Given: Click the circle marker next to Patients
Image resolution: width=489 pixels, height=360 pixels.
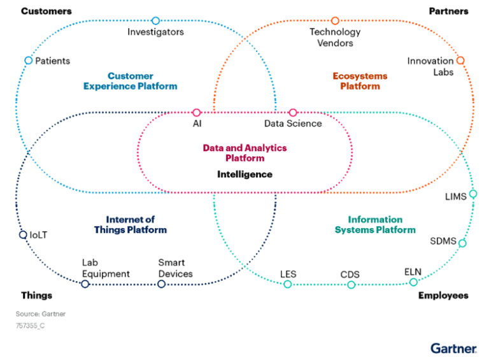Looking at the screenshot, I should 28,61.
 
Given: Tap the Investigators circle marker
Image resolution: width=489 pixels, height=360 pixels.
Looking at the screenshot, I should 156,21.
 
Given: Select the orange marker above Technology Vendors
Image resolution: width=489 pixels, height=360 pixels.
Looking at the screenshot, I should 335,21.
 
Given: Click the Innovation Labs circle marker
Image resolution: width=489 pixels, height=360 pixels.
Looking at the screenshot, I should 460,61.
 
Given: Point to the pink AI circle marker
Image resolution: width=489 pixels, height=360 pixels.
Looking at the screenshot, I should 197,113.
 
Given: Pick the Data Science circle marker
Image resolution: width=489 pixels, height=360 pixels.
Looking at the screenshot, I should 293,113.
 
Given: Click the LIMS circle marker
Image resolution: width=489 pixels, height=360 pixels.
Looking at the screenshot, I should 472,194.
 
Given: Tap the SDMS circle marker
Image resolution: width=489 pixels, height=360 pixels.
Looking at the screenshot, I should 462,243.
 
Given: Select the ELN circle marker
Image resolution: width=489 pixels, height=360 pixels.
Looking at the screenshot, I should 413,282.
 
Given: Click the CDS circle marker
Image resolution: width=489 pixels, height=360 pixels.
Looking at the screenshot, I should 351,284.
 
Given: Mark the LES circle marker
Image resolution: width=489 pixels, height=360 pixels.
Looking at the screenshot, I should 288,284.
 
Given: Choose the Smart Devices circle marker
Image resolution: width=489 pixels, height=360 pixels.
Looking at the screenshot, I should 161,284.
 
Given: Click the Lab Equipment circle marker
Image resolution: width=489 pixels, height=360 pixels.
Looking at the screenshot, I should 85,284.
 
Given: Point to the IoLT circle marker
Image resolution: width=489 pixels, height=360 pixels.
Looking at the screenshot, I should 23,234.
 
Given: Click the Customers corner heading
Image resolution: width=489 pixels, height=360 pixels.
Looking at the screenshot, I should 46,11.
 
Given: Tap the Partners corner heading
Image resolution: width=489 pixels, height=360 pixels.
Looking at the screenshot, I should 448,11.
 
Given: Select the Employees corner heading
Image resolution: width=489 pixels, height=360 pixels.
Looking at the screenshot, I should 443,296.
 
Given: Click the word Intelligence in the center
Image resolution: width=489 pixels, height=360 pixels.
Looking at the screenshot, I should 244,174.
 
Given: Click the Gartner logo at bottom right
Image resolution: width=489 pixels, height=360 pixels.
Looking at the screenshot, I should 453,348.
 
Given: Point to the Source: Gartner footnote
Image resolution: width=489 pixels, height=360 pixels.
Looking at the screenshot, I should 41,313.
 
